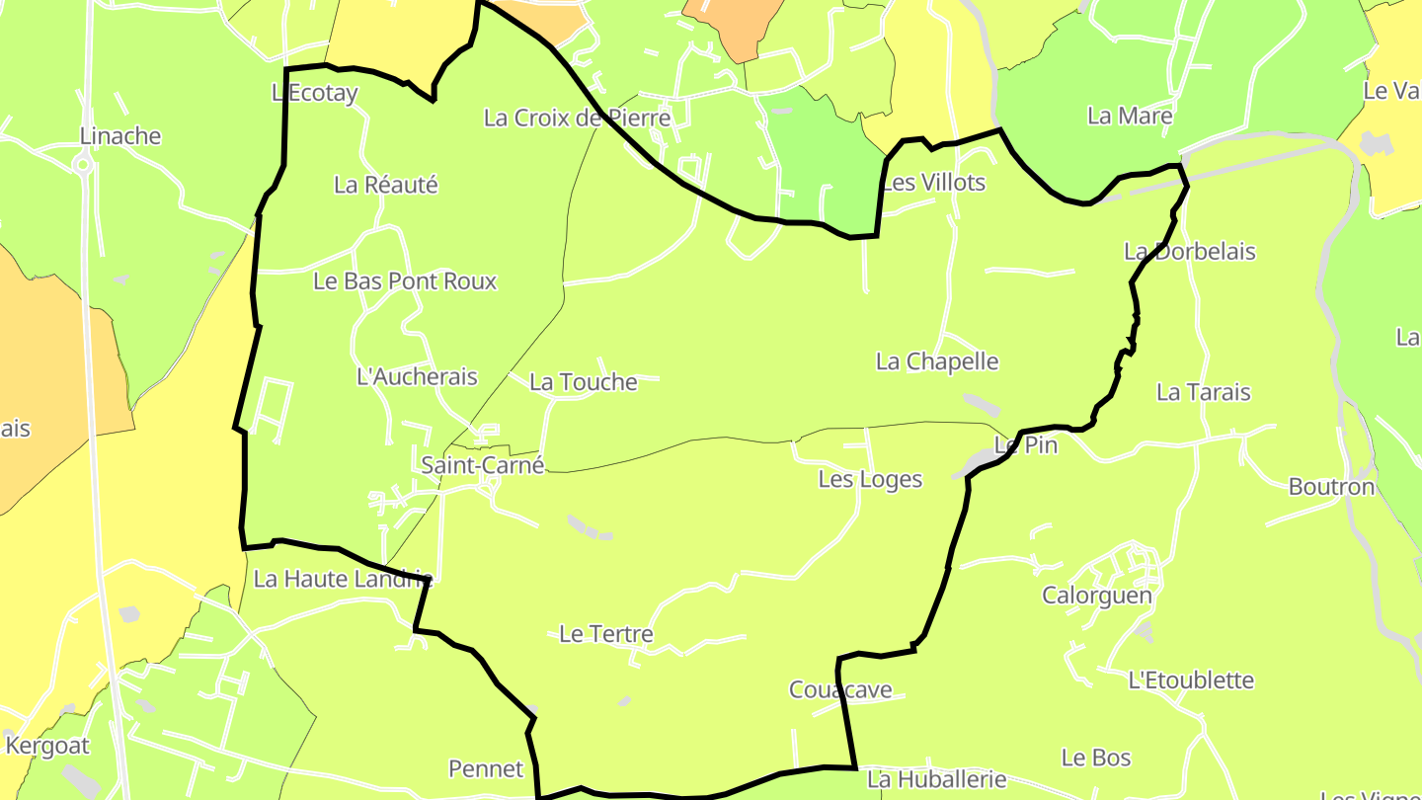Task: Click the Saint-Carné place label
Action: tap(482, 464)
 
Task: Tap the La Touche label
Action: tap(583, 382)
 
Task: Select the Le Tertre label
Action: tap(605, 634)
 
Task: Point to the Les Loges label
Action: tap(870, 480)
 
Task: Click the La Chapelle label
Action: tap(937, 361)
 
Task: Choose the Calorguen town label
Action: tap(1097, 596)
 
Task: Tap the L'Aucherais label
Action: tap(416, 376)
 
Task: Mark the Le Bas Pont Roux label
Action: tap(405, 281)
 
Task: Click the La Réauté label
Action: tap(385, 185)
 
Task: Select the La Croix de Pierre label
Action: tap(577, 119)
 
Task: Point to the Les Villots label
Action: tap(933, 183)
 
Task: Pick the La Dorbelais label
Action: tap(1189, 252)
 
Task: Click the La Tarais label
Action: tap(1203, 392)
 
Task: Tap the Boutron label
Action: tap(1331, 487)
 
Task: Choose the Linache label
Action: tap(120, 136)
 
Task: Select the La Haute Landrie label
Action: tap(343, 579)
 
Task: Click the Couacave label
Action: tap(840, 689)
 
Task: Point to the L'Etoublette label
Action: tap(1190, 680)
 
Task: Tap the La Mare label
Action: tap(1130, 116)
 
